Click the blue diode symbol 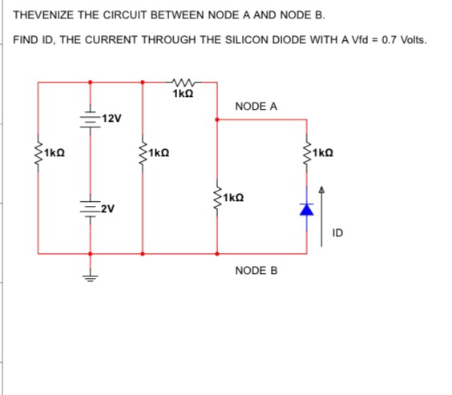coord(306,208)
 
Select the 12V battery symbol coord(90,117)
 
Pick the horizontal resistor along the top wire coord(180,81)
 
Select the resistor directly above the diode coord(306,152)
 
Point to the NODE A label coord(256,106)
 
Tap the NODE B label coord(256,271)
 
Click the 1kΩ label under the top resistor coord(182,95)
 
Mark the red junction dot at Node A coord(218,120)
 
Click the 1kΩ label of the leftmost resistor coord(54,152)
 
